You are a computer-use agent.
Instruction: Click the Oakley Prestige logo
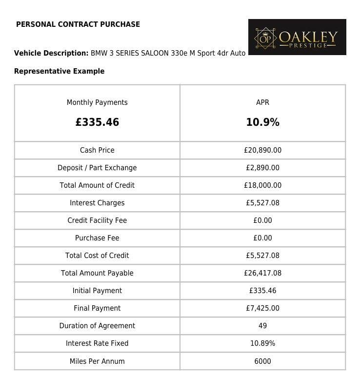297,37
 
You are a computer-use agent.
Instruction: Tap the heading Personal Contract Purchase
78,24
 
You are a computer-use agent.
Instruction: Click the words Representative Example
59,71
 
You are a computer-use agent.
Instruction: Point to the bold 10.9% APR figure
262,122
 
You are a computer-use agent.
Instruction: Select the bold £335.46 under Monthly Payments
97,122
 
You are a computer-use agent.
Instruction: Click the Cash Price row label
97,150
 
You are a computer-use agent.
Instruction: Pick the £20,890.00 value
262,150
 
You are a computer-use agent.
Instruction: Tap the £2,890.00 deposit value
262,168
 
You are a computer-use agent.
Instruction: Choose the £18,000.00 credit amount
262,185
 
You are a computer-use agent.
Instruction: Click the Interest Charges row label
97,203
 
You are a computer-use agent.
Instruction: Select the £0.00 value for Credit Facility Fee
262,220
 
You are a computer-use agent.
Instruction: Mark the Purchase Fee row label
97,238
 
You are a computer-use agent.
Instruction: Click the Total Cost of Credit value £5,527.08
262,256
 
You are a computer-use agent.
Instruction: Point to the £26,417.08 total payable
262,273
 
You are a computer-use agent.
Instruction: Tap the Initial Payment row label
97,291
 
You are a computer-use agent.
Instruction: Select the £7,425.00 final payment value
262,308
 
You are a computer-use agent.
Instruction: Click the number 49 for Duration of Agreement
262,326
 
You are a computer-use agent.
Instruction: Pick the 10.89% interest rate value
262,343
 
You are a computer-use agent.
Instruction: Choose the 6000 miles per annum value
262,361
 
